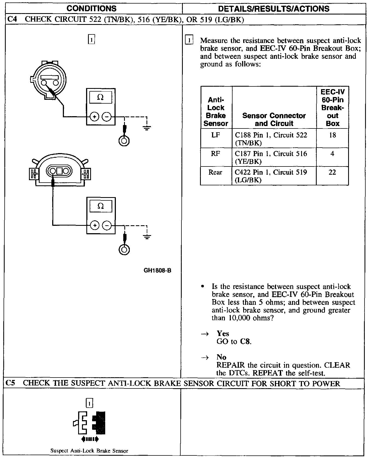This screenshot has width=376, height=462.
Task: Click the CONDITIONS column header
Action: [x=92, y=8]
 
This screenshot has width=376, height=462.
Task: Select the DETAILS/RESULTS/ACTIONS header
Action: [x=274, y=8]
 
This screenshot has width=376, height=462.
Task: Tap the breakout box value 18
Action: [x=332, y=135]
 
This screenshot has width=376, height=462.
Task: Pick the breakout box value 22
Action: [x=332, y=172]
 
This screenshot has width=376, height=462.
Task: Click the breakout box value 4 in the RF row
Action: [x=332, y=154]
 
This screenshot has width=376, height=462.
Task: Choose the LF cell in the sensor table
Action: [x=216, y=135]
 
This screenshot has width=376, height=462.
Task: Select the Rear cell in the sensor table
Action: [x=215, y=172]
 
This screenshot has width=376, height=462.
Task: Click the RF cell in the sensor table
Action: [x=215, y=154]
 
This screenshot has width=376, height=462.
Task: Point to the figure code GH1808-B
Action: [x=157, y=270]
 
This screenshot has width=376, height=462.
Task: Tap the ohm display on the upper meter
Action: [x=100, y=97]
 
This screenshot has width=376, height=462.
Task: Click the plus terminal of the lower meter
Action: [x=95, y=226]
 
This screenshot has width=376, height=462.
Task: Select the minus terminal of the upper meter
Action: [x=107, y=117]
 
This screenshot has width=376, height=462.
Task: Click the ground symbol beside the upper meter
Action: [x=147, y=128]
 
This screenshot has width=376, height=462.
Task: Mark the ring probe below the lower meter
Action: [x=124, y=250]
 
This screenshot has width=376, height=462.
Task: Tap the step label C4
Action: [x=12, y=20]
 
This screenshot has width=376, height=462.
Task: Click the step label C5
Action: [x=11, y=383]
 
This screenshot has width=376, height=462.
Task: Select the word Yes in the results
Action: [x=223, y=334]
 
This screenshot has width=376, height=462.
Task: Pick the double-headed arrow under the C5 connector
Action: [x=90, y=439]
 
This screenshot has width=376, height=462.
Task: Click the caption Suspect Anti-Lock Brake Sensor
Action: [x=89, y=451]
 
